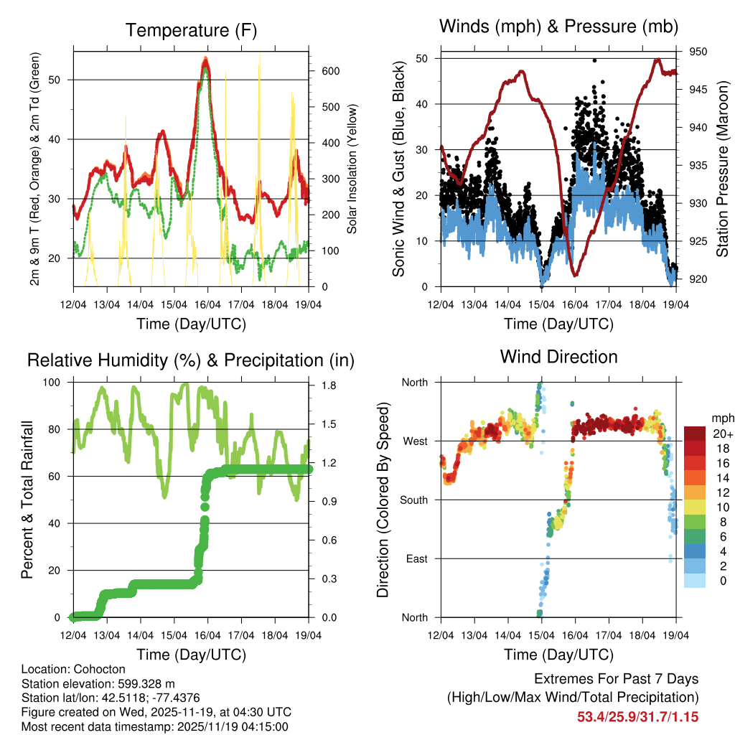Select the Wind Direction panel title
click(558, 356)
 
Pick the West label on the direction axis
click(413, 441)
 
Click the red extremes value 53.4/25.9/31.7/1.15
click(637, 716)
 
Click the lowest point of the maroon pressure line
click(575, 274)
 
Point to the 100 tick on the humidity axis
click(57, 382)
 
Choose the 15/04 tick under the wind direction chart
click(540, 635)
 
